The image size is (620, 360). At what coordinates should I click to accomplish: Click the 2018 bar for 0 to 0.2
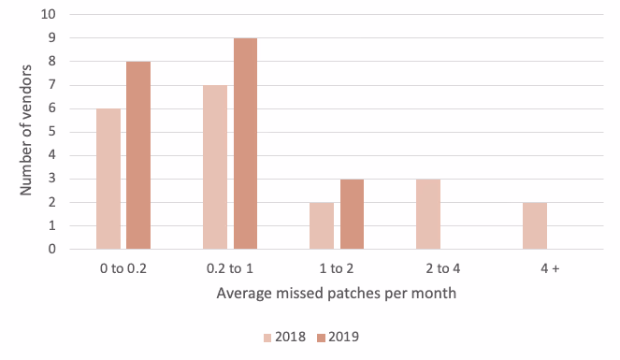coord(108,179)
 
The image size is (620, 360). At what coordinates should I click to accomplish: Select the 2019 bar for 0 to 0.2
coord(137,155)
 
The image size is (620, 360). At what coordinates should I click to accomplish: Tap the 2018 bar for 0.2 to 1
coord(215,167)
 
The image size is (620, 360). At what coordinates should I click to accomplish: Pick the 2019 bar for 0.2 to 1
coord(244,144)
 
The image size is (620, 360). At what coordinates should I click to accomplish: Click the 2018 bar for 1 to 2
coord(323,225)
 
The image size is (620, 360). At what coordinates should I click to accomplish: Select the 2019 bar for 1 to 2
coord(352,214)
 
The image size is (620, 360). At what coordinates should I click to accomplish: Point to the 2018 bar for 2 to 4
coord(429,214)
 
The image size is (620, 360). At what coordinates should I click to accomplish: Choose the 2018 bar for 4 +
coord(536,225)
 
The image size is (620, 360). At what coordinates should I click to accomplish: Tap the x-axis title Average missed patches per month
coord(337,293)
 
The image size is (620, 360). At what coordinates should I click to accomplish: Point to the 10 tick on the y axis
coord(49,15)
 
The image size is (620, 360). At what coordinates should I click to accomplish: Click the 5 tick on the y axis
coord(52,132)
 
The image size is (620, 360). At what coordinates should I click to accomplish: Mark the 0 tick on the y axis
coord(52,249)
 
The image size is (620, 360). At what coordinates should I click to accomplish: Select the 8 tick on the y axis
coord(52,62)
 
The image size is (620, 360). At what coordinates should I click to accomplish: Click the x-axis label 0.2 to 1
coord(230,267)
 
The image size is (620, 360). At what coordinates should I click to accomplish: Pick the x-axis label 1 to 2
coord(337,267)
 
